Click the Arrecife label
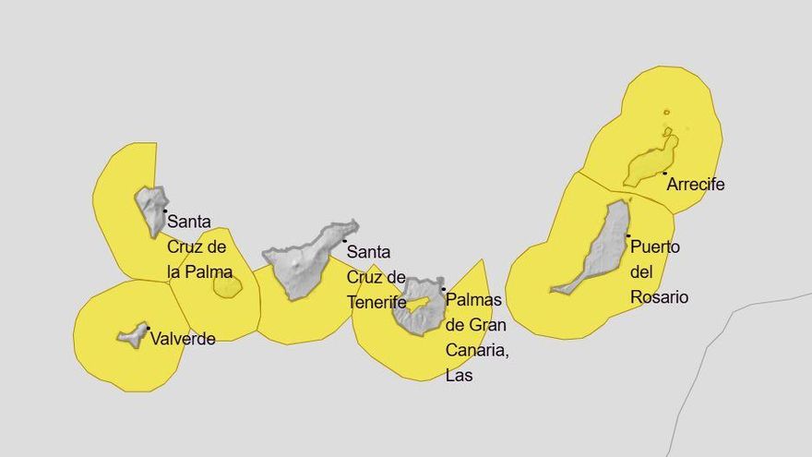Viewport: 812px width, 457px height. [695, 185]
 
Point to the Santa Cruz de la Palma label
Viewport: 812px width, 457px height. [197, 247]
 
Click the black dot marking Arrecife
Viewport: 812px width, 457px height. [664, 173]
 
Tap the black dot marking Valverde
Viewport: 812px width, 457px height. [148, 328]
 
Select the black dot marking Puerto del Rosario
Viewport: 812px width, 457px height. [628, 236]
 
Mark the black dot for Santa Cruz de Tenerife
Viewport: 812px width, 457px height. [345, 241]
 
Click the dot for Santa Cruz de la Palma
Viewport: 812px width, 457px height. [165, 210]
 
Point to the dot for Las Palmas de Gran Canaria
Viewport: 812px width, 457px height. [444, 289]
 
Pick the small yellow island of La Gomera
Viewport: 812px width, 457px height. [227, 286]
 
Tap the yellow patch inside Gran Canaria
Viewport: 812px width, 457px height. [420, 303]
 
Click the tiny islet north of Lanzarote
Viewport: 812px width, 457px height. [666, 113]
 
